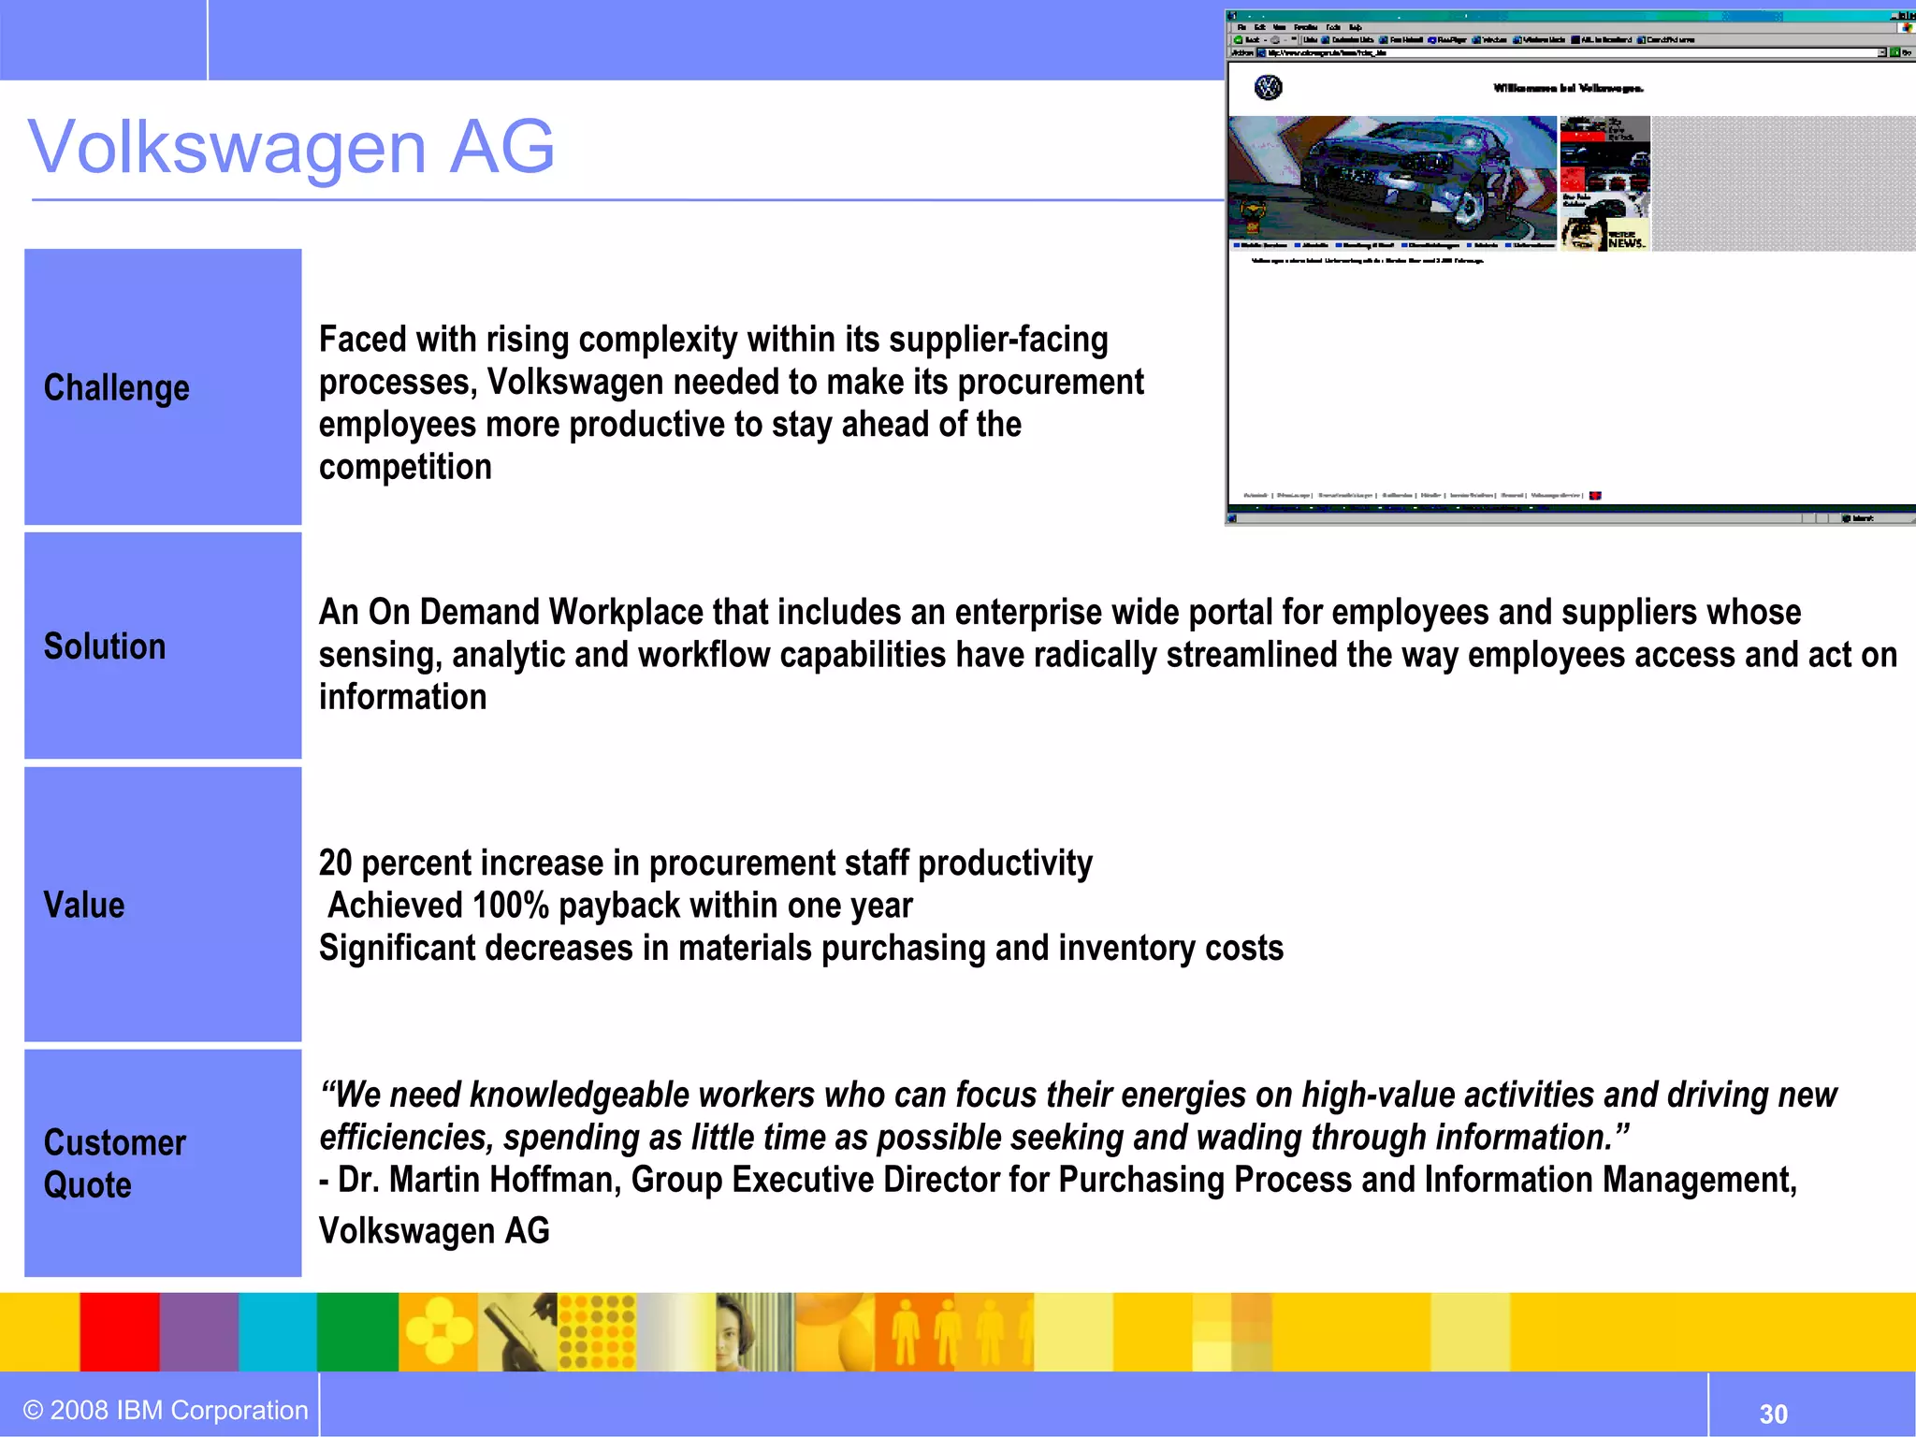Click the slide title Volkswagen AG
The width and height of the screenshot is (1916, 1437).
coord(291,147)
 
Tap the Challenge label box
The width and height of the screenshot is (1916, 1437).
coord(163,387)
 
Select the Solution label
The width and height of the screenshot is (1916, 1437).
coord(105,646)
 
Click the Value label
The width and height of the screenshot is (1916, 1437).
coord(84,905)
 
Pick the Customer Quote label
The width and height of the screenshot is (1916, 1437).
coord(114,1163)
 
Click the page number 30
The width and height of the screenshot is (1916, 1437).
coord(1773,1414)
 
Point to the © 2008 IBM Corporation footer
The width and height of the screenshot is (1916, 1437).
coord(166,1410)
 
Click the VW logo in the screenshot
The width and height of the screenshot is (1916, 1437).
coord(1268,88)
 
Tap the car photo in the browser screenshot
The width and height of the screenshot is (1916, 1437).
coord(1392,178)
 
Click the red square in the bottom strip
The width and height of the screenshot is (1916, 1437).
coord(119,1331)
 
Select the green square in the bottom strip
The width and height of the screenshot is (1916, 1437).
coord(357,1331)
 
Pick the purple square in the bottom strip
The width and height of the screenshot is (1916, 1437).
coord(198,1331)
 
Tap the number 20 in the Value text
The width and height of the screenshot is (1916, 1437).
coord(335,863)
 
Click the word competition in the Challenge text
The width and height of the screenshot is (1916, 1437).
coord(405,467)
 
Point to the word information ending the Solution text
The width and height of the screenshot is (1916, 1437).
coord(402,697)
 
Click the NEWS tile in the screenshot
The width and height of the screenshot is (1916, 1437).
coord(1625,240)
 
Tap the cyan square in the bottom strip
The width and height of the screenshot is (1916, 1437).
coord(278,1331)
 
